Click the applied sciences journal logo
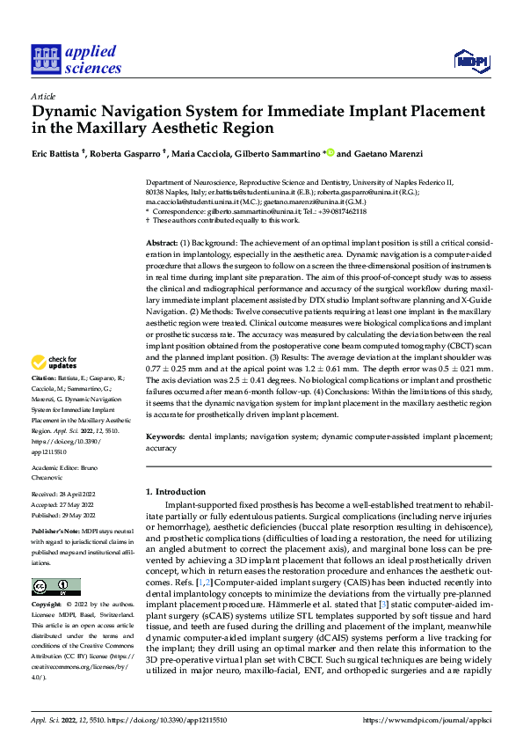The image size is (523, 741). (76, 60)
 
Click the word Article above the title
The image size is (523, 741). (43, 96)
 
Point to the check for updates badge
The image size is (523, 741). (54, 386)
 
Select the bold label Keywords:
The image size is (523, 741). (166, 437)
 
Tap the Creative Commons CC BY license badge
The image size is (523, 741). (55, 587)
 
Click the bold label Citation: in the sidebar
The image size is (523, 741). (45, 402)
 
